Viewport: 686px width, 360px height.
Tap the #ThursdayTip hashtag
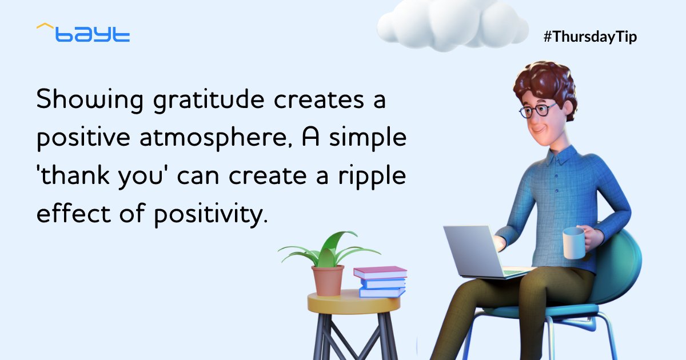coord(590,37)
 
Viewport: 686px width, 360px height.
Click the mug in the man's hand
coord(573,243)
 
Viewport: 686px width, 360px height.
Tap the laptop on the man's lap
coord(474,251)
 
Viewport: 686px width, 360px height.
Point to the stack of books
coord(381,282)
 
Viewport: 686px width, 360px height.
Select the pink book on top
coord(380,272)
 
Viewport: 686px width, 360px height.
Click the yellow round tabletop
coord(353,302)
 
